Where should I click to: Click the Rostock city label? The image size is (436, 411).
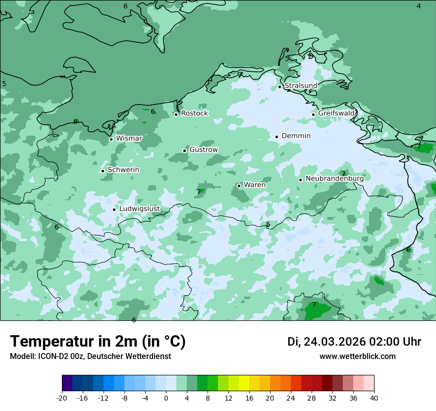pyautogui.click(x=194, y=113)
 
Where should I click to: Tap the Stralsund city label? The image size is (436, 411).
pyautogui.click(x=301, y=86)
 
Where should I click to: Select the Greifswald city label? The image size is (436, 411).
pyautogui.click(x=336, y=113)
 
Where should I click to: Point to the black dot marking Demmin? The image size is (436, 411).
pyautogui.click(x=277, y=137)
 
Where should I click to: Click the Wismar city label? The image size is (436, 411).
pyautogui.click(x=129, y=139)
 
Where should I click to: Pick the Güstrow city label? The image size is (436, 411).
pyautogui.click(x=203, y=150)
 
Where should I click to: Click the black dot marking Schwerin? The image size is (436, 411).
pyautogui.click(x=103, y=171)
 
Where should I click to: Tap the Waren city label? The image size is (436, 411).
pyautogui.click(x=255, y=185)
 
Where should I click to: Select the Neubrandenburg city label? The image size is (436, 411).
pyautogui.click(x=334, y=179)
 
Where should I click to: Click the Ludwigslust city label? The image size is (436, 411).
pyautogui.click(x=139, y=209)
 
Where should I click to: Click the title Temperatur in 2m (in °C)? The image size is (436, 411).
pyautogui.click(x=98, y=342)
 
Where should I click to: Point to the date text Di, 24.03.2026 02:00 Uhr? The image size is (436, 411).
pyautogui.click(x=354, y=342)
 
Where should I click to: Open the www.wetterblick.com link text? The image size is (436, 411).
pyautogui.click(x=357, y=357)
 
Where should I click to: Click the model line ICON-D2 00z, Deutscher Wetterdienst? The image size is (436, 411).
pyautogui.click(x=90, y=357)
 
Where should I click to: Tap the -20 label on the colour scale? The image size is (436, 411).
pyautogui.click(x=62, y=398)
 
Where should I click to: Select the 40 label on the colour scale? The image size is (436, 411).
pyautogui.click(x=374, y=398)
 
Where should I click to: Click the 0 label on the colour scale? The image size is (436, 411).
pyautogui.click(x=166, y=398)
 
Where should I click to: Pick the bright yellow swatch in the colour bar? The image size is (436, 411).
pyautogui.click(x=244, y=383)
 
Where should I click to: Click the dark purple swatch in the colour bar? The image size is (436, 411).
pyautogui.click(x=67, y=383)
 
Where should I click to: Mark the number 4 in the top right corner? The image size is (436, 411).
pyautogui.click(x=419, y=6)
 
